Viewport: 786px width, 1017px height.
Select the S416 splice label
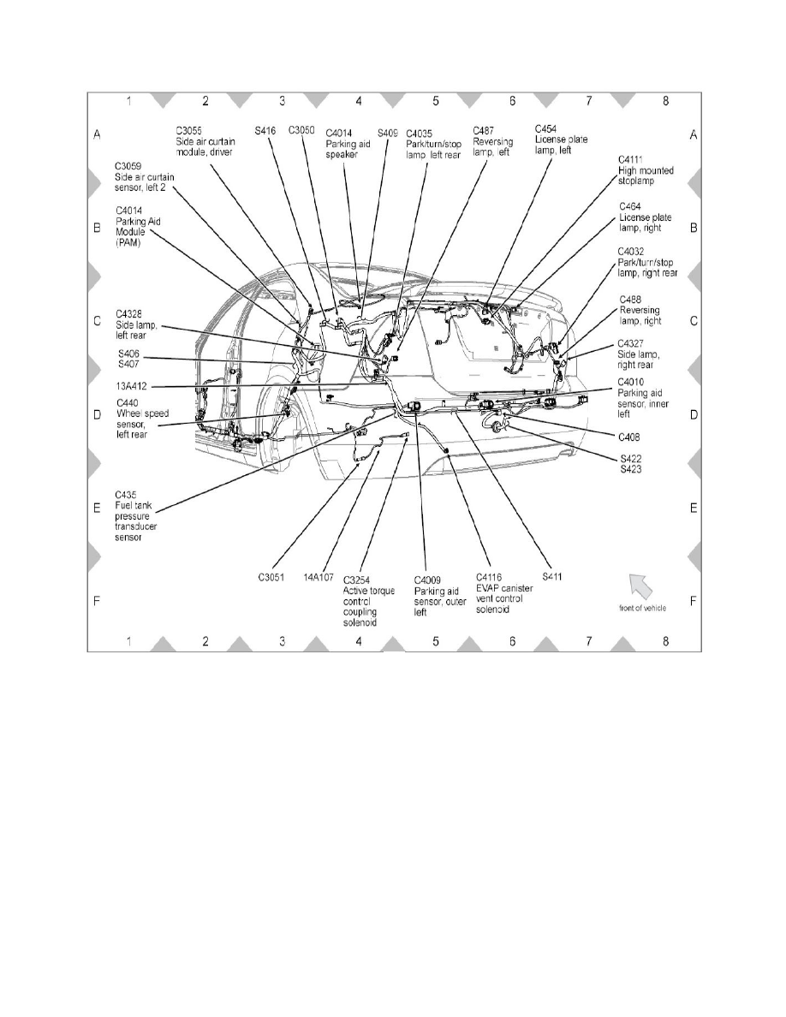pos(265,131)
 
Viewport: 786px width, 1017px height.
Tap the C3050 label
pos(302,131)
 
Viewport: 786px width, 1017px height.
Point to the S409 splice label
pos(388,133)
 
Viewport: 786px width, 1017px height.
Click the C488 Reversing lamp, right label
pos(642,310)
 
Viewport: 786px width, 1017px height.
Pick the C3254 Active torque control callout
pos(369,598)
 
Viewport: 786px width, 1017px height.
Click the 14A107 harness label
pos(319,577)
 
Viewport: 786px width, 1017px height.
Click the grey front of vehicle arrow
pos(641,585)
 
